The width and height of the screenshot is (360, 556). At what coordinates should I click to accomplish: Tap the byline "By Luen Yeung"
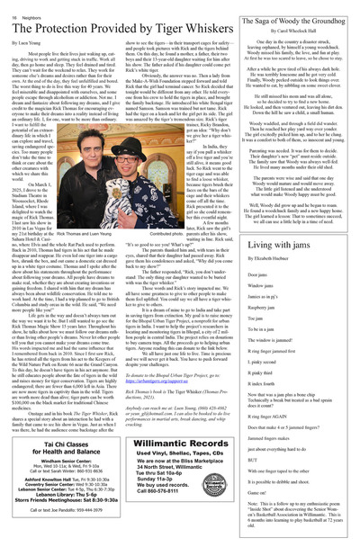tap(27, 42)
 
